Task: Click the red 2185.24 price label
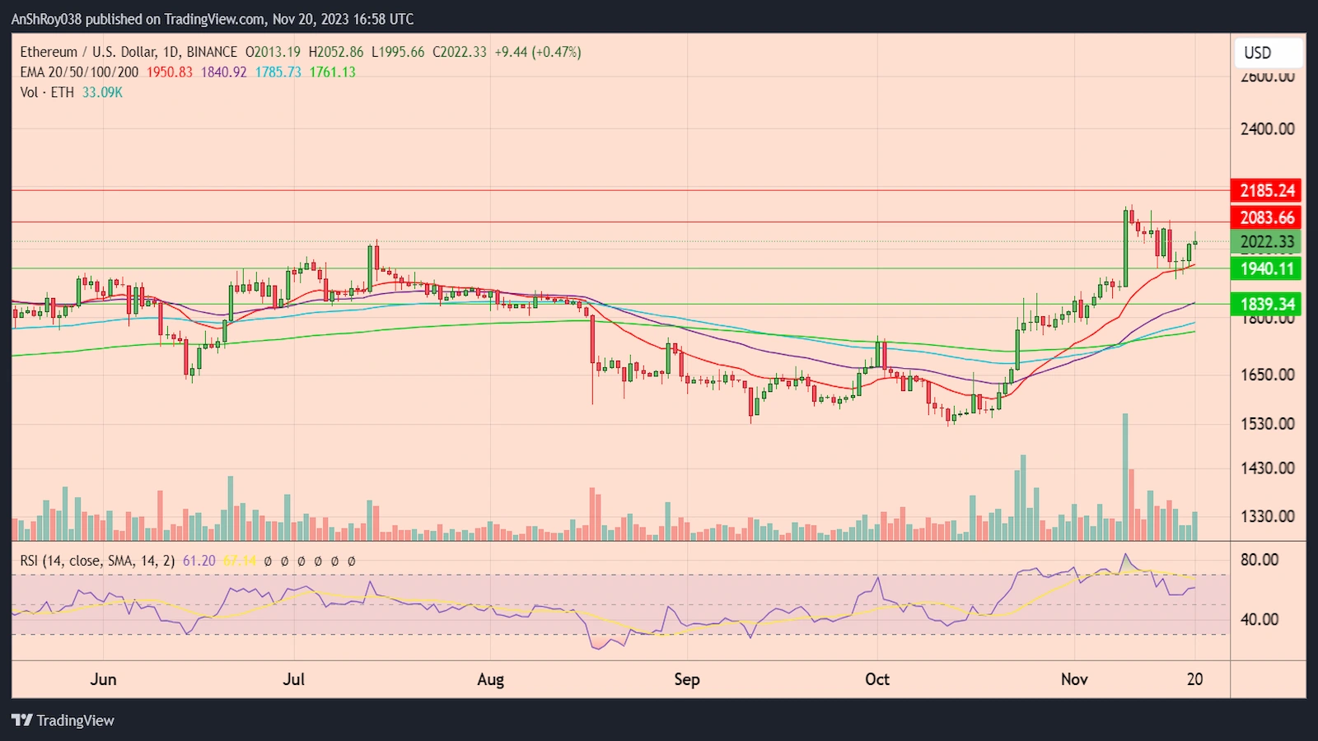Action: pos(1267,190)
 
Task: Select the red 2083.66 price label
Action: pos(1267,217)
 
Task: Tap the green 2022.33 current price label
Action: pos(1267,242)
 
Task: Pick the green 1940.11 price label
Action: pos(1267,268)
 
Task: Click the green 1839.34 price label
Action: pos(1267,304)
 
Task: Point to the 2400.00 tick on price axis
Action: pos(1267,128)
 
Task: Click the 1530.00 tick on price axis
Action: pos(1267,423)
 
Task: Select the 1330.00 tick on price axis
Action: pos(1267,516)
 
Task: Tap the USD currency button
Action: pos(1268,53)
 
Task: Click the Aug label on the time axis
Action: pos(490,679)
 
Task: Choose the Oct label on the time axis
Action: pos(877,679)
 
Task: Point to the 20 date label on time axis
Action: pos(1194,679)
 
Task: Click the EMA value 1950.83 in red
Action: pos(170,72)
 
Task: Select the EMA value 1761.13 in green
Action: pos(333,72)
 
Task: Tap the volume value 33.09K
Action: pos(102,92)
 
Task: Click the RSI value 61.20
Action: pos(199,561)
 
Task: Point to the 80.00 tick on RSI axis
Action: pos(1260,560)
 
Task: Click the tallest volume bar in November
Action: pos(1125,478)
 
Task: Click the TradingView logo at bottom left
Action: pos(63,720)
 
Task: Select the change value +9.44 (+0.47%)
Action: pos(538,52)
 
